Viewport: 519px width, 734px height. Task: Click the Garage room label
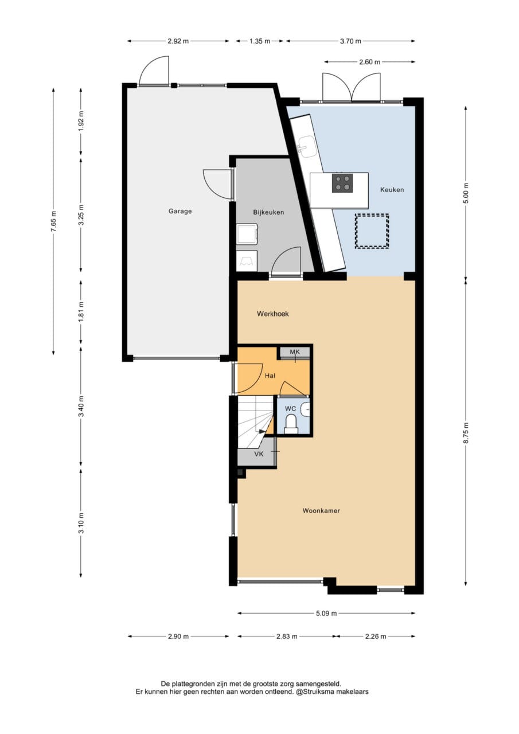180,212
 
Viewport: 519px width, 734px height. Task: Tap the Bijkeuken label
268,212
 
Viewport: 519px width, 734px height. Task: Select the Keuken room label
392,190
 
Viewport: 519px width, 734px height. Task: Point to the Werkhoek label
272,314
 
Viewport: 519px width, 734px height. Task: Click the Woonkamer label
321,510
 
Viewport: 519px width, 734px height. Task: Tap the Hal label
270,376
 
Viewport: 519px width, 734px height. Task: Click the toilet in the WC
290,425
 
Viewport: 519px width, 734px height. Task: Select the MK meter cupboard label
295,352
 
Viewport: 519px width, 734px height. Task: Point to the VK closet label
259,454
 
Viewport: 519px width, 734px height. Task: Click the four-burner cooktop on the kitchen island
342,183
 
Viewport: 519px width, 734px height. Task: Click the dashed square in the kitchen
372,231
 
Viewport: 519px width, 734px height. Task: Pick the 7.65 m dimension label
54,221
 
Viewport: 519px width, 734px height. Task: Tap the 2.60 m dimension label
369,62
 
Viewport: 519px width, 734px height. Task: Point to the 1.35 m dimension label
259,41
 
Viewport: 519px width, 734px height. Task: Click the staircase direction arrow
261,432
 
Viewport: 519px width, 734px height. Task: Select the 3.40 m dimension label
81,406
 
